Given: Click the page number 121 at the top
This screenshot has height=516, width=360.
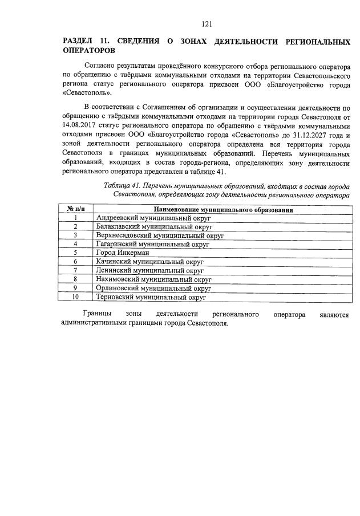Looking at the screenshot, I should point(208,24).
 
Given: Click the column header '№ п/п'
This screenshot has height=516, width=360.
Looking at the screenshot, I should point(76,210).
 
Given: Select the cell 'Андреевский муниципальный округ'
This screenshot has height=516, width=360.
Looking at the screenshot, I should point(154,218).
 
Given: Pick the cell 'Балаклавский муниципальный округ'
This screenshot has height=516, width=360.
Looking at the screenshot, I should point(155,226).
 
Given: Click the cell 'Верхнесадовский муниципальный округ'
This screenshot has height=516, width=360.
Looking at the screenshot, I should point(160,235).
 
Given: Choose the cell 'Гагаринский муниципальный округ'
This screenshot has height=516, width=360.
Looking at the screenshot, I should point(153,244).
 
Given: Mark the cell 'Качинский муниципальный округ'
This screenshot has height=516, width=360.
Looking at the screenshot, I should point(150,262).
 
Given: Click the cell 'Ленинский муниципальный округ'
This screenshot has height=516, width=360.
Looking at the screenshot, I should point(150,270).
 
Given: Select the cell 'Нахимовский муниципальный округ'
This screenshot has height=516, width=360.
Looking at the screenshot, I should point(154,279).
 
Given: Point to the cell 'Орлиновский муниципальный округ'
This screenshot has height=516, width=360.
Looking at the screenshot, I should point(154,288).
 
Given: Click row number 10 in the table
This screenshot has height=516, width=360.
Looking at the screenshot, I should point(75,297).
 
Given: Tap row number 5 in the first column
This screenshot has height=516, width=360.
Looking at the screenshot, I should point(75,253).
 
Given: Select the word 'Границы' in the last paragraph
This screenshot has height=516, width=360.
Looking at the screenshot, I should point(96,314).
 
